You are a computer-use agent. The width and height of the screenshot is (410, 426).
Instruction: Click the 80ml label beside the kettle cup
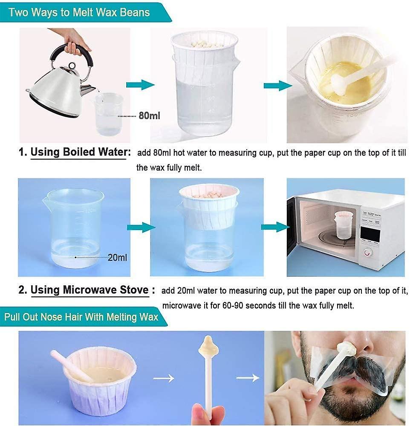pos(149,116)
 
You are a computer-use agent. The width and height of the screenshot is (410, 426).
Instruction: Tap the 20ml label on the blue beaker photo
pos(117,257)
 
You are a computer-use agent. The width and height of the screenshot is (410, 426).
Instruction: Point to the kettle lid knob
pos(72,66)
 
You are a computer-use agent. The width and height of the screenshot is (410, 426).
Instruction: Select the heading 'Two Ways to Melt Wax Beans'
pos(79,12)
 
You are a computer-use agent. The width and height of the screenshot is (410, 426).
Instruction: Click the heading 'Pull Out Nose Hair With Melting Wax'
pos(81,317)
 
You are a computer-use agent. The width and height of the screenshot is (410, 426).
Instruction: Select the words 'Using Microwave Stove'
pos(90,290)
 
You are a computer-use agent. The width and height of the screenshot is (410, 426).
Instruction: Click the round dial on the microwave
pos(367,252)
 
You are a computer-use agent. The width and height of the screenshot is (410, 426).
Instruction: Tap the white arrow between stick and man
pos(248,377)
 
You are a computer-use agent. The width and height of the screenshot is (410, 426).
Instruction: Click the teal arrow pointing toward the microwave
pos(275,227)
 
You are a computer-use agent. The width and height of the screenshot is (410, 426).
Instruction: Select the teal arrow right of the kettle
pos(140,85)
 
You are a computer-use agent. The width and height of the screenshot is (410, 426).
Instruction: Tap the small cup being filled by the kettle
pos(108,114)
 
